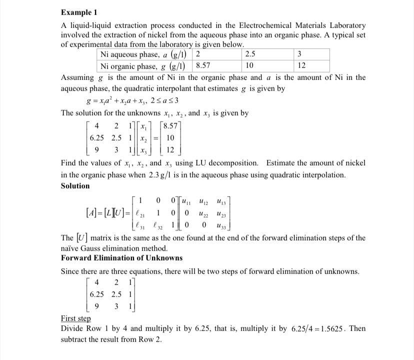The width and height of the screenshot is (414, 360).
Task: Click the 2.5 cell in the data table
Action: coord(250,54)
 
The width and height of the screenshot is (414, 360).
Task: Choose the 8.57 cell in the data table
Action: coord(203,65)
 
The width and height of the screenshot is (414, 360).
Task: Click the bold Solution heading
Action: coord(75,186)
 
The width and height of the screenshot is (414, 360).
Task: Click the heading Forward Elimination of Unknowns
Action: coord(121,258)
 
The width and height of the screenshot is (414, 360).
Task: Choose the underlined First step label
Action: coord(75,318)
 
